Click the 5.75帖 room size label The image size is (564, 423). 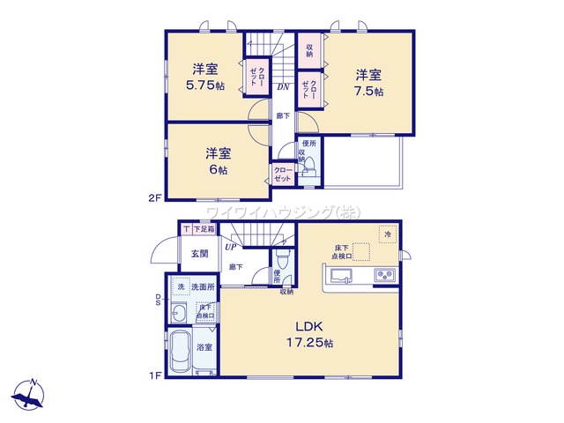[204, 89]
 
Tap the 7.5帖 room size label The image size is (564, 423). [367, 91]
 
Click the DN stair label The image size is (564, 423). [284, 86]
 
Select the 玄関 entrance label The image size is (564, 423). [199, 254]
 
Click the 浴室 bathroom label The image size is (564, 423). [203, 348]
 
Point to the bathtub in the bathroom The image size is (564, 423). [182, 354]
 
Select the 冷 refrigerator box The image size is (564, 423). [388, 234]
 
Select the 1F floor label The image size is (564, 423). [154, 376]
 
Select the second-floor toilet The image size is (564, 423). [309, 168]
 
